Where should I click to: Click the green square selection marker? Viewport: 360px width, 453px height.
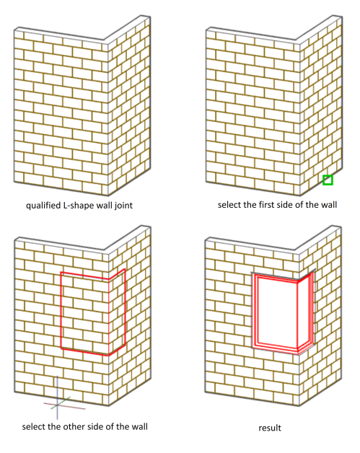point(328,180)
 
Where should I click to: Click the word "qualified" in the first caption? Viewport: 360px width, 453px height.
point(43,206)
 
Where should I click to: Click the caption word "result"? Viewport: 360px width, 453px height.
point(270,428)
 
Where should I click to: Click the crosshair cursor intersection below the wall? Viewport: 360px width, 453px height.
point(57,405)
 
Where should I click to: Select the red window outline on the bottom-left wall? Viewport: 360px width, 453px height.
point(61,311)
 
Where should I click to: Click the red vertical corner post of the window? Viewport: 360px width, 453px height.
point(297,317)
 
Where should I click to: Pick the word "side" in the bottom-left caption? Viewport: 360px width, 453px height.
point(94,426)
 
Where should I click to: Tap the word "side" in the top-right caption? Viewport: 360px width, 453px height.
point(286,205)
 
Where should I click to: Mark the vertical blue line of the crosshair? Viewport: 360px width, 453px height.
point(57,397)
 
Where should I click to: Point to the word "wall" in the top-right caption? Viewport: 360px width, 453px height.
point(329,205)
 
